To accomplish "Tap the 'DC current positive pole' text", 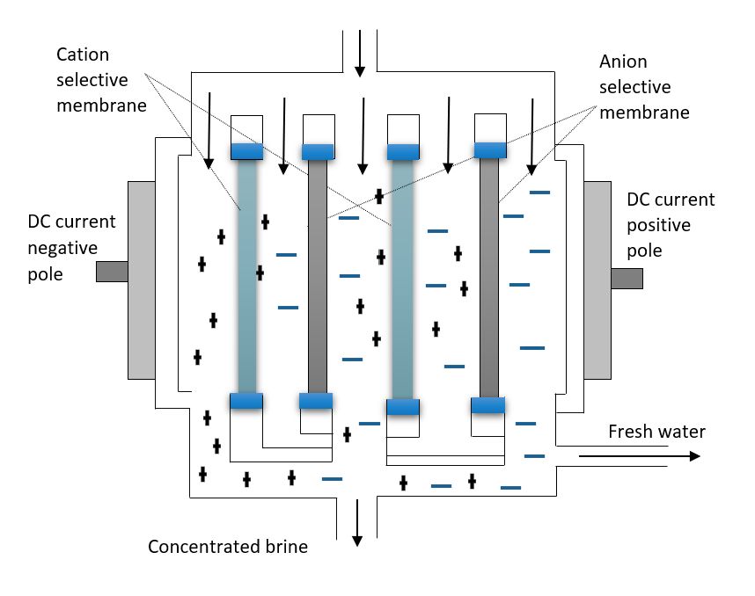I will pos(671,225).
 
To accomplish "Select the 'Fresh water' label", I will pos(656,432).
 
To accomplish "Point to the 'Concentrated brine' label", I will pos(228,547).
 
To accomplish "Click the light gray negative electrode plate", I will pos(142,280).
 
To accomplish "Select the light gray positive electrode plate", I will pos(597,280).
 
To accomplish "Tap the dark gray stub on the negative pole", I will pos(112,272).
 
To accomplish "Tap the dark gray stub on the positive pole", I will pos(627,278).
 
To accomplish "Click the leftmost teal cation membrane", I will pos(247,275).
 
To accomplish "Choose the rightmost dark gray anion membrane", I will pos(488,277).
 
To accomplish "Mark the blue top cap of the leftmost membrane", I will pos(247,150).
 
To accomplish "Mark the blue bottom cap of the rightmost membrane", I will pos(488,405).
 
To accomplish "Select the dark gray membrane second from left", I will pos(318,276).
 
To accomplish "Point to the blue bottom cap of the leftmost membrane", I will pos(247,401).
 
